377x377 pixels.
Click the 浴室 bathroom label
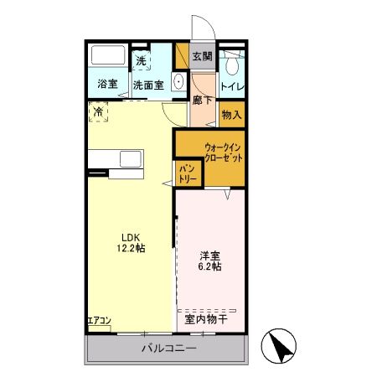point(106,84)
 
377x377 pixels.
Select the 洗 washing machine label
point(142,60)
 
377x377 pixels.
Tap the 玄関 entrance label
point(202,57)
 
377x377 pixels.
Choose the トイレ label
point(232,84)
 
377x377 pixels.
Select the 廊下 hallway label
point(202,99)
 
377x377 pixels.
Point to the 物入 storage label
point(232,114)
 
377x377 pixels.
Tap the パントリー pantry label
point(187,173)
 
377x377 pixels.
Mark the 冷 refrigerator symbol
point(99,111)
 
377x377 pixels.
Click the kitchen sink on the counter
point(132,159)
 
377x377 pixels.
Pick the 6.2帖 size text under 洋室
point(209,266)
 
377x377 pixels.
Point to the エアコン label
point(98,321)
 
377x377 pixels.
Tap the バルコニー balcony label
point(168,348)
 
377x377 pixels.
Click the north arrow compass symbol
point(281,344)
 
